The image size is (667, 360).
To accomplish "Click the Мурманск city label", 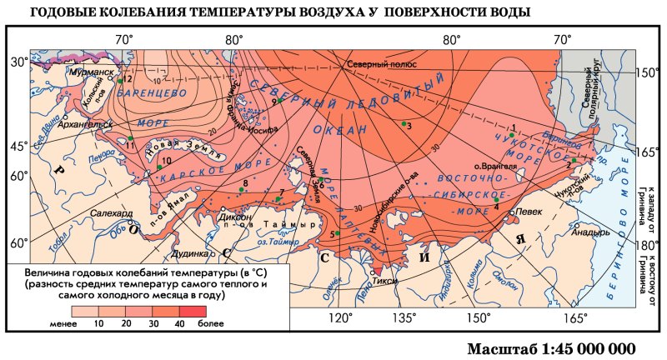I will (x=93, y=72).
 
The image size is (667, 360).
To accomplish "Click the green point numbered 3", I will (x=404, y=123).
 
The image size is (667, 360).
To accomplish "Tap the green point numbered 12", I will (x=121, y=80).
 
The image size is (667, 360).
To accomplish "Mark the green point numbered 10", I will (x=158, y=167).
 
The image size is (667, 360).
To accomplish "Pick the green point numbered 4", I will (x=496, y=199).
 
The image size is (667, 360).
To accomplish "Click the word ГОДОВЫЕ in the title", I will (x=62, y=12).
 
